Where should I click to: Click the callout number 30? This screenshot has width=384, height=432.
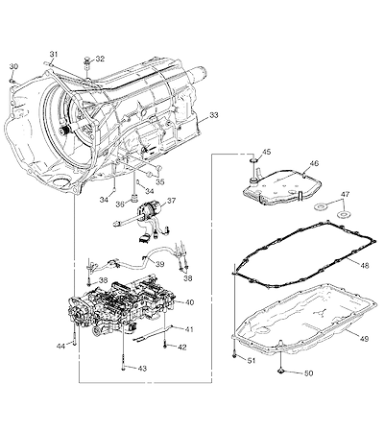tap(13, 66)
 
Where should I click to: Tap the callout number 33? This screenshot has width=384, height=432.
tap(214, 115)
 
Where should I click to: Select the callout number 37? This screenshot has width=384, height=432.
tap(171, 201)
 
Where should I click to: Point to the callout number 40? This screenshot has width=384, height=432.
tap(189, 302)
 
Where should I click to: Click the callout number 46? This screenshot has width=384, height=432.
tap(314, 163)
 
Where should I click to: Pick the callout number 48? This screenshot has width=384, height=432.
tap(364, 265)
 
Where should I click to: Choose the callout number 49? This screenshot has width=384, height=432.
tap(364, 338)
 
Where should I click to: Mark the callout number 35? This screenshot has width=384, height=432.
tap(160, 181)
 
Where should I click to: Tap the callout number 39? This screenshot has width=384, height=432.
tap(160, 264)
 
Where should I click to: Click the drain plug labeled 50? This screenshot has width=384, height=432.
tap(280, 372)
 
